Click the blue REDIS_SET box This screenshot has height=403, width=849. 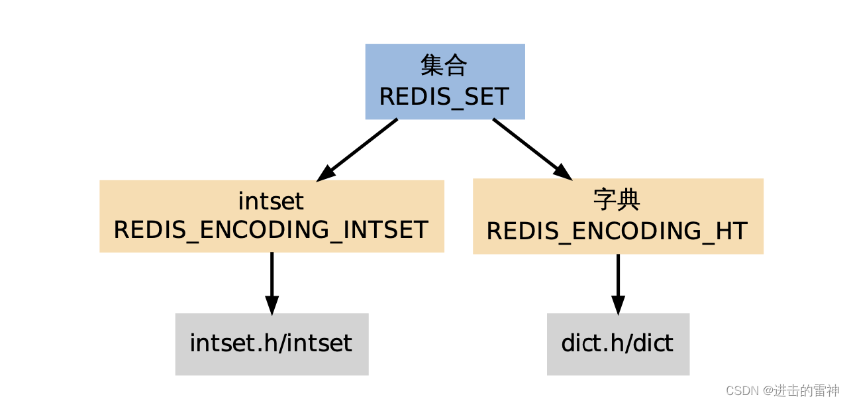point(445,82)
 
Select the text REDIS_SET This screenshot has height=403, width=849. point(444,97)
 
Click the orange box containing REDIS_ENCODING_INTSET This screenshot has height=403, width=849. point(272,216)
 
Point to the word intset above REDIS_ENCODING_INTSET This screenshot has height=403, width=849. point(271,200)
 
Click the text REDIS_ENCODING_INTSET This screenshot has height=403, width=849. point(271,230)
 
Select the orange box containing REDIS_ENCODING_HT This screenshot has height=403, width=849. point(618,216)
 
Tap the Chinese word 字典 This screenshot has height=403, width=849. point(617,200)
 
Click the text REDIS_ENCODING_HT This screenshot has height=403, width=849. point(617,231)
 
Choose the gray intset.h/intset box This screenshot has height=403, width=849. point(272,344)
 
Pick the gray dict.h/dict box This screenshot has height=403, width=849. point(618,344)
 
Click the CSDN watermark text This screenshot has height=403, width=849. point(781,390)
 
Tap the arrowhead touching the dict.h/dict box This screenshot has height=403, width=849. point(618,305)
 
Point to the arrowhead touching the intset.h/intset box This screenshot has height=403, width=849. point(272,305)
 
